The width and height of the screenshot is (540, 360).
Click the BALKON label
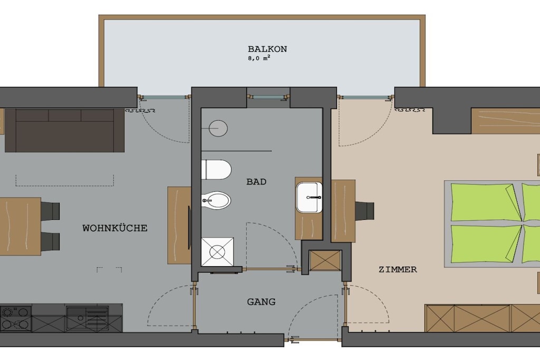pyautogui.click(x=267, y=49)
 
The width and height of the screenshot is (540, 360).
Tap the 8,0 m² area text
pyautogui.click(x=258, y=58)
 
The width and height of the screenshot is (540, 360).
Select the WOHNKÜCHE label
pyautogui.click(x=114, y=228)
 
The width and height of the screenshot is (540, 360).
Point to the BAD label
pyautogui.click(x=256, y=182)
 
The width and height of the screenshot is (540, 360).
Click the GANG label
pyautogui.click(x=261, y=302)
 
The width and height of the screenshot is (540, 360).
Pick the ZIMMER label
pyautogui.click(x=398, y=269)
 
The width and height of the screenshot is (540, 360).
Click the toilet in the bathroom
pyautogui.click(x=216, y=170)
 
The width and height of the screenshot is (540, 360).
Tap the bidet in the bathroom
pyautogui.click(x=216, y=200)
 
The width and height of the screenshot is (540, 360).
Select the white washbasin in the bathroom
pyautogui.click(x=309, y=198)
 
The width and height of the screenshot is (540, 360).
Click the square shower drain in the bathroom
pyautogui.click(x=217, y=252)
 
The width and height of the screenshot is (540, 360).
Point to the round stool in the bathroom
pyautogui.click(x=218, y=129)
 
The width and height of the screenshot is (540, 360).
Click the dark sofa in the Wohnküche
pyautogui.click(x=64, y=130)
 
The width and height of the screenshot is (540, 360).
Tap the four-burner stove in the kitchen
pyautogui.click(x=16, y=318)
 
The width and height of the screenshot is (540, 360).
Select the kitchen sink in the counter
pyautogui.click(x=88, y=318)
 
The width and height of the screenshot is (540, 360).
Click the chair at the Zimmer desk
pyautogui.click(x=364, y=211)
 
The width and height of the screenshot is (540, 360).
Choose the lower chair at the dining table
pyautogui.click(x=50, y=241)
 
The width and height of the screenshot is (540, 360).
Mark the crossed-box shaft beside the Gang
pyautogui.click(x=325, y=260)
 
